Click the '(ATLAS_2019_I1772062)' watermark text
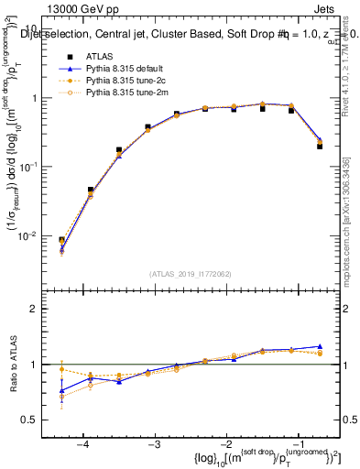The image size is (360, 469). coord(191,273)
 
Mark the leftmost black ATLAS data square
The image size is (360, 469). coord(61,241)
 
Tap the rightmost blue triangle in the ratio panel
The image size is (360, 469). coord(320,346)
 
